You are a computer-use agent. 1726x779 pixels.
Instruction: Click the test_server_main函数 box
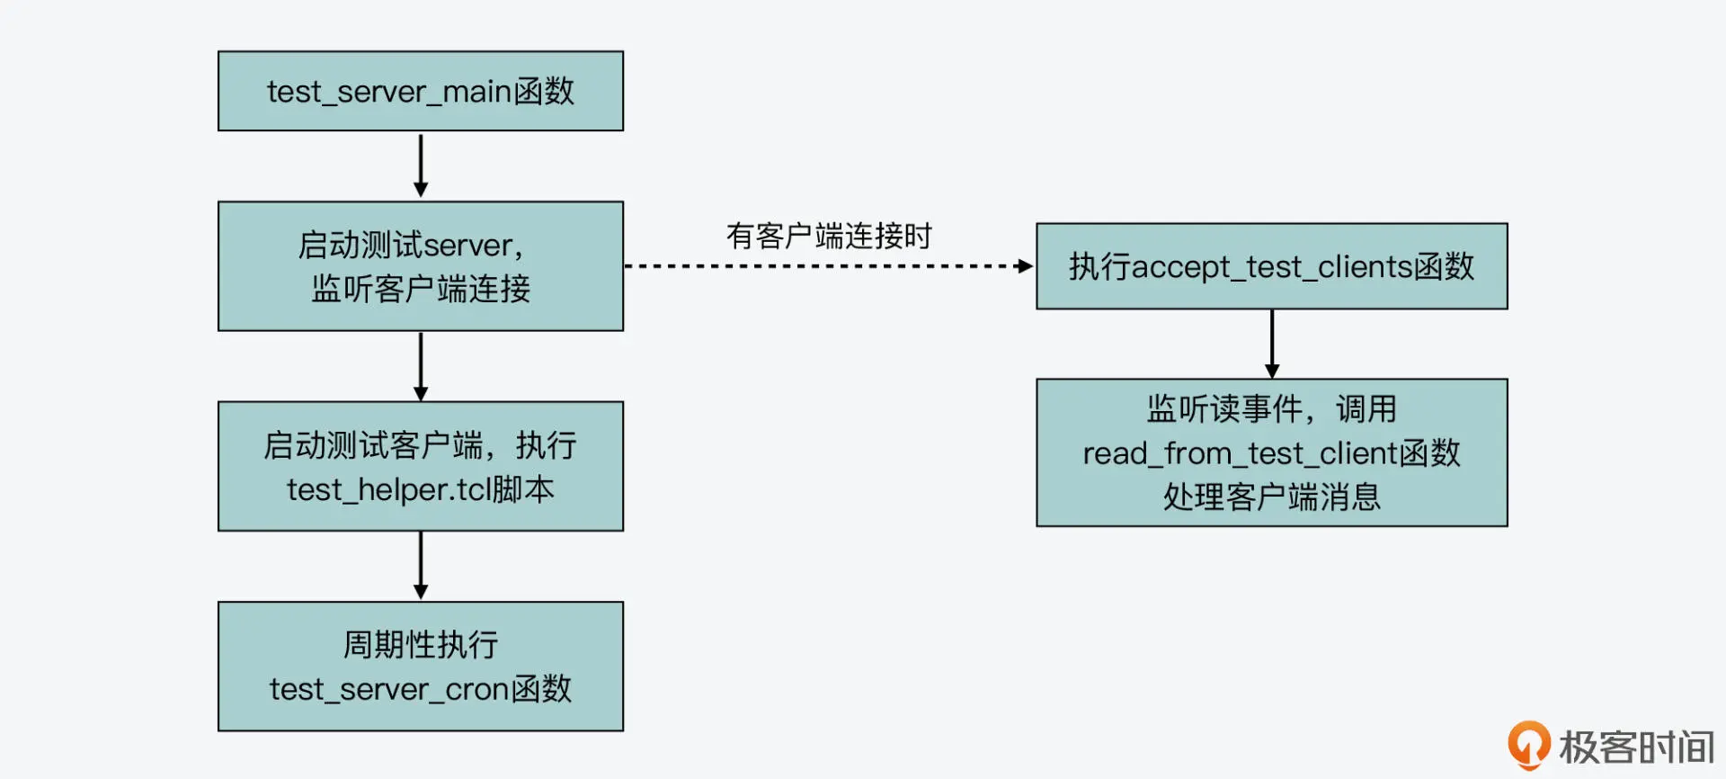tap(421, 91)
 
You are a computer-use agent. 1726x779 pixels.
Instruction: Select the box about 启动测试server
tap(421, 266)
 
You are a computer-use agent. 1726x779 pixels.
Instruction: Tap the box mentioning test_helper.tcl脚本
tap(421, 466)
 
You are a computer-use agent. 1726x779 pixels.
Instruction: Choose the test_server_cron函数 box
tap(421, 667)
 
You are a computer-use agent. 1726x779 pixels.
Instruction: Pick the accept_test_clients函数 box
tap(1271, 266)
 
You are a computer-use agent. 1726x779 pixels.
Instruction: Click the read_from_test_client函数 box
tap(1271, 452)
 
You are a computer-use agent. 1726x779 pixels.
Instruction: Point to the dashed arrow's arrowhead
tap(1024, 266)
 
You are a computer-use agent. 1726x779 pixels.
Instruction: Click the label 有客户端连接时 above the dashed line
tap(829, 237)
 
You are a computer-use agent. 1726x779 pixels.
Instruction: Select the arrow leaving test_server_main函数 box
tap(421, 166)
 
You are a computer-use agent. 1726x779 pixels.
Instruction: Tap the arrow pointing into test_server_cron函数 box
tap(421, 566)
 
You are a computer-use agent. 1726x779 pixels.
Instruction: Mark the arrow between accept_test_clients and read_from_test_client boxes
tap(1271, 344)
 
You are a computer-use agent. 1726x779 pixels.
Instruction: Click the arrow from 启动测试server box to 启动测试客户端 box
tap(421, 366)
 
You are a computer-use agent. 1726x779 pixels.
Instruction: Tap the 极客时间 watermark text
tap(1636, 748)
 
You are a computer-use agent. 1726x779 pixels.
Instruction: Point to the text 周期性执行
tap(421, 645)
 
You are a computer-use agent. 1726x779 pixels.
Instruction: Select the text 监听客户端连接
tap(421, 290)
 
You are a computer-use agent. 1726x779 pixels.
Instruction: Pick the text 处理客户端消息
tap(1271, 497)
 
